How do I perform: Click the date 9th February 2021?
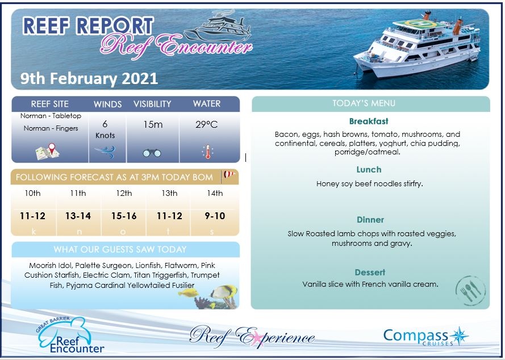coord(89,78)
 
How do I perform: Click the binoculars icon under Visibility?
coord(152,153)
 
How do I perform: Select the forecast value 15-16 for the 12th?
coord(124,216)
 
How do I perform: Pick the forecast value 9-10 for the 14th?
coord(215,216)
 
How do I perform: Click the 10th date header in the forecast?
coord(32,193)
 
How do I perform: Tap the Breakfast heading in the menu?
coord(369,121)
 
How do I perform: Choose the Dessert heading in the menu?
coord(370,272)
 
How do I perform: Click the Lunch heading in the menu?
coord(369,169)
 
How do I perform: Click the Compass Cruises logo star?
coord(459,336)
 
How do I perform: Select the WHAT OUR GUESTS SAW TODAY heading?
coord(128,249)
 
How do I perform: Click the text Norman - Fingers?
coord(51,128)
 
